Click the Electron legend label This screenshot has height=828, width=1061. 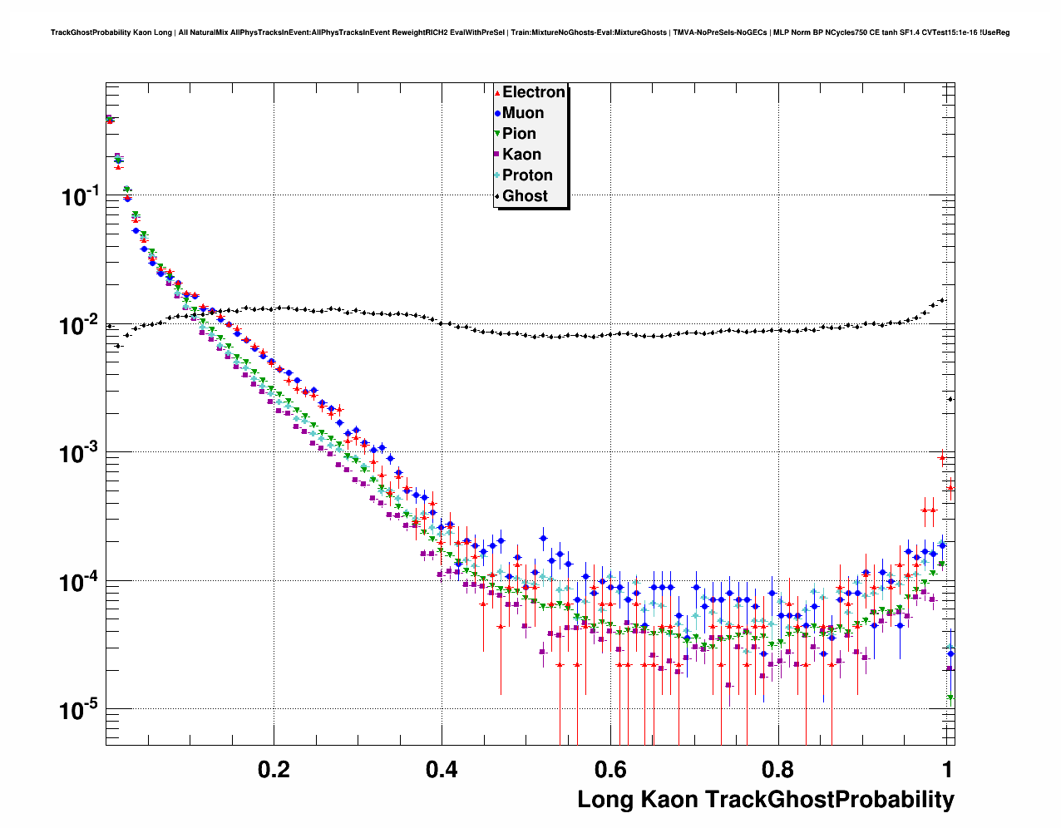[534, 92]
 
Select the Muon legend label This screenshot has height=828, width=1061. [523, 113]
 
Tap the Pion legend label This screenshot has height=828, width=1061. [519, 134]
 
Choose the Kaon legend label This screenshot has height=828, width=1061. [521, 155]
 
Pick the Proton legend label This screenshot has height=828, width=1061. [527, 175]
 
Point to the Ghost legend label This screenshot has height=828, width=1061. [525, 196]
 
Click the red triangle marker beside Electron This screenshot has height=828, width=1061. [497, 93]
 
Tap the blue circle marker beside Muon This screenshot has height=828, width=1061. [497, 114]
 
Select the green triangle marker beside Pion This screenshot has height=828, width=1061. [497, 134]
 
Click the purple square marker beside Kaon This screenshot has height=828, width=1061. [497, 155]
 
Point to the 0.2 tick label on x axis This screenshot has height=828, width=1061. [274, 769]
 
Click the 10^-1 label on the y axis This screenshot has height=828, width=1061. [81, 196]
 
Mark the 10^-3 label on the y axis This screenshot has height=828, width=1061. [81, 453]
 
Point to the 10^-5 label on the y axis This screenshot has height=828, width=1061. [81, 710]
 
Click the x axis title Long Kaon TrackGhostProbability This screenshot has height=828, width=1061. [766, 800]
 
